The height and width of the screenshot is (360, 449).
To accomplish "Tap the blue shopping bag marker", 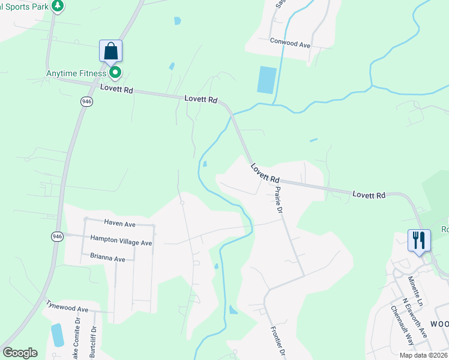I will click(111, 50).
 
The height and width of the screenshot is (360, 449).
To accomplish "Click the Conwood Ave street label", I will click(290, 44).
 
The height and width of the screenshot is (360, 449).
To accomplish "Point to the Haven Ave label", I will click(119, 223).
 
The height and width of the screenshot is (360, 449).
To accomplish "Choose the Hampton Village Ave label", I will click(121, 241).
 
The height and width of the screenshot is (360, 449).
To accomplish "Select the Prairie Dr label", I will click(278, 200).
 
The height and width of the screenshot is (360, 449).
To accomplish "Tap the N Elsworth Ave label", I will click(414, 317).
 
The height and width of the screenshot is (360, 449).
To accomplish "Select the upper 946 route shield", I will click(87, 102).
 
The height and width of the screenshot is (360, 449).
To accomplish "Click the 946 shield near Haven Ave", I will click(57, 236).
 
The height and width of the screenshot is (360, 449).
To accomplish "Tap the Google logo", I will click(20, 353).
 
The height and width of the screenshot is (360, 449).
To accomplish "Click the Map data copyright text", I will click(423, 355).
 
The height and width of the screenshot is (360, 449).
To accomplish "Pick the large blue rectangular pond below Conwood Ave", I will click(267, 80).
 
